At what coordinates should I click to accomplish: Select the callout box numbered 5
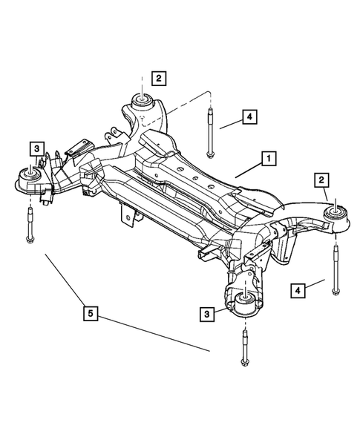pyautogui.click(x=90, y=315)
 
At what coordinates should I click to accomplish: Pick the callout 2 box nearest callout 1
pyautogui.click(x=321, y=180)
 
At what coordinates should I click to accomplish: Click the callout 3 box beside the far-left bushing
pyautogui.click(x=35, y=148)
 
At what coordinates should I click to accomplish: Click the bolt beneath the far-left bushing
pyautogui.click(x=29, y=226)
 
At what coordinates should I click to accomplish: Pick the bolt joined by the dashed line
pyautogui.click(x=212, y=134)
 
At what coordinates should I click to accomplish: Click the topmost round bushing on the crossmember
pyautogui.click(x=142, y=100)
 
